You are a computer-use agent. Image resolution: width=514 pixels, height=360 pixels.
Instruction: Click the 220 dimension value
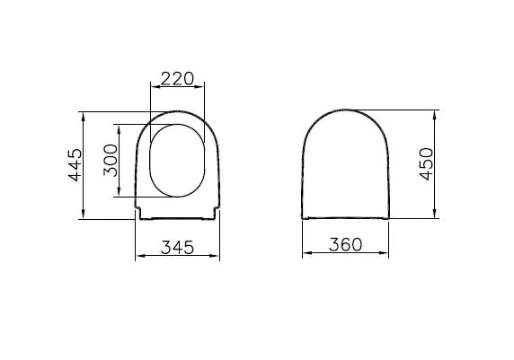click(177, 79)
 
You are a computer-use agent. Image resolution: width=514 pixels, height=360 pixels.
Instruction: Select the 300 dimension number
click(111, 159)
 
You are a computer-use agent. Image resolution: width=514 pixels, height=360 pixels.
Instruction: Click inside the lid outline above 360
click(345, 166)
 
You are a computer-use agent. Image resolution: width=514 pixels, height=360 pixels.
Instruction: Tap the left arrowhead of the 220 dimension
click(154, 88)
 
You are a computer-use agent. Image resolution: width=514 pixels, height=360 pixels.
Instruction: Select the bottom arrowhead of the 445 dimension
click(83, 215)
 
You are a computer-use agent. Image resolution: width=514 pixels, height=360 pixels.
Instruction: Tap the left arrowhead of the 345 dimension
click(138, 256)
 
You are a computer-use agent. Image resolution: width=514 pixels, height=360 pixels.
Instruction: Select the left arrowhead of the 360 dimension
click(305, 256)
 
